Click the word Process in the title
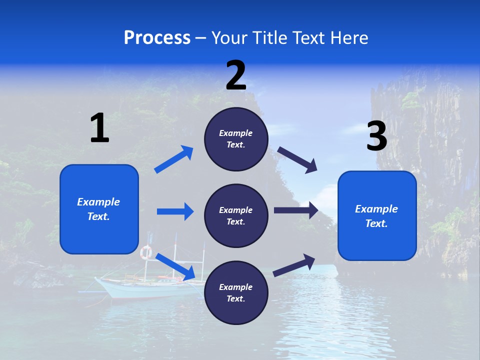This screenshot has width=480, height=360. [x=157, y=38]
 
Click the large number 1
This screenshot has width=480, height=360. [x=99, y=128]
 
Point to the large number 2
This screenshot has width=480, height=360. [x=236, y=75]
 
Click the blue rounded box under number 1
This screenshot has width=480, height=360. [x=99, y=209]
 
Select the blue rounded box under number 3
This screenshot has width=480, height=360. [x=377, y=215]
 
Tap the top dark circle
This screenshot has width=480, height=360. [x=236, y=139]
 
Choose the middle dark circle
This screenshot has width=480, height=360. [x=236, y=215]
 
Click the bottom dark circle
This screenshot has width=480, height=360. [x=236, y=292]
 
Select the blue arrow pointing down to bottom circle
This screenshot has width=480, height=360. [x=175, y=266]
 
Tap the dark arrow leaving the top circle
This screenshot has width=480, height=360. [x=297, y=160]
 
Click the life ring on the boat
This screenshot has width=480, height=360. [x=146, y=252]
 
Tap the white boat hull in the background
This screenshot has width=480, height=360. [x=130, y=290]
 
